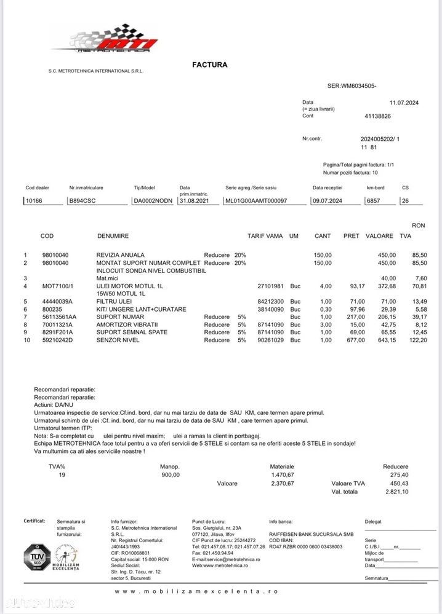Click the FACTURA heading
click(209, 65)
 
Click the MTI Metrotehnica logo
click(105, 39)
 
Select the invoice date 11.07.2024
click(404, 103)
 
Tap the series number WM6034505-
click(352, 86)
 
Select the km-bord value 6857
click(373, 200)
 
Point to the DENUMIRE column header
click(113, 236)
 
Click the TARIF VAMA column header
click(265, 236)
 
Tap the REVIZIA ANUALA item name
click(121, 254)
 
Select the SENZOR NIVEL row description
click(118, 340)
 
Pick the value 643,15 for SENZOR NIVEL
click(384, 340)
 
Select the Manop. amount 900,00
click(170, 474)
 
